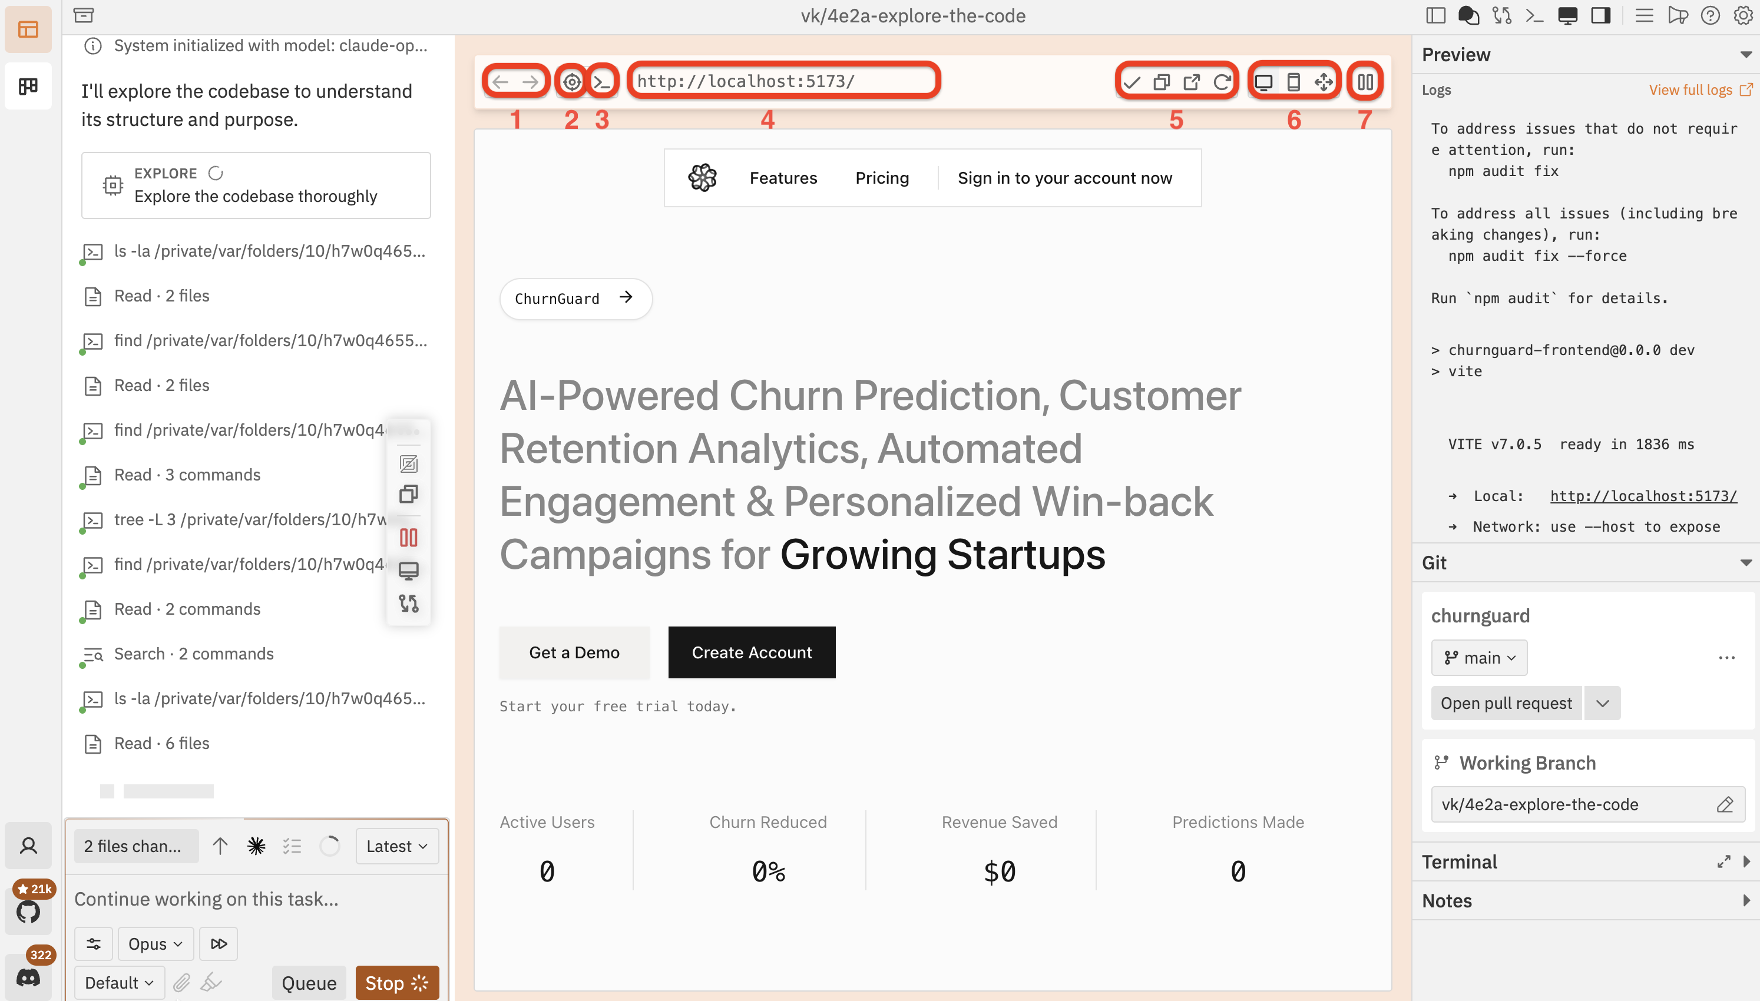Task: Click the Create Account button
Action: [752, 652]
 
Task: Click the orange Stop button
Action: [396, 983]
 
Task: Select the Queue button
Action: [309, 983]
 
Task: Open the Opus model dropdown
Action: [156, 944]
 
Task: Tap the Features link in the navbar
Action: [783, 178]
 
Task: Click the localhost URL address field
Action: [784, 81]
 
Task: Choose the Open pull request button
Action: [1506, 703]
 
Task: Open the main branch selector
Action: [1480, 658]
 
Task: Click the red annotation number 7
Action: [1365, 120]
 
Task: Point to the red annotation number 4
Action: [767, 120]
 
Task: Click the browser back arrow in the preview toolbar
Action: [501, 82]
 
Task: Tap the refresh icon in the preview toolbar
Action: [1222, 82]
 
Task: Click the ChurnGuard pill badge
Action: [575, 299]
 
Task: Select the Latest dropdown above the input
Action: [396, 846]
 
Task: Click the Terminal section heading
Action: [1459, 862]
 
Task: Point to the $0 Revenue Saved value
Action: [999, 871]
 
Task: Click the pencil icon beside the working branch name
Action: [1725, 804]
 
